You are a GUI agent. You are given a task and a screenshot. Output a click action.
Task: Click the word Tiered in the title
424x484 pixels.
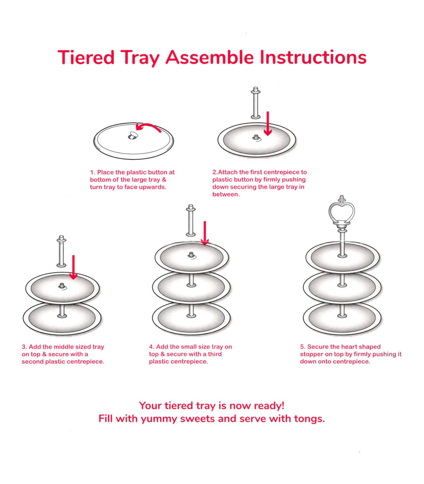click(86, 58)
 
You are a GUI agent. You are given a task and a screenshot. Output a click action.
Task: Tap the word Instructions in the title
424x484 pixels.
click(313, 58)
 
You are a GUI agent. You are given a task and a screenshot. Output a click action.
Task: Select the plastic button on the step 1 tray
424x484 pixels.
click(132, 136)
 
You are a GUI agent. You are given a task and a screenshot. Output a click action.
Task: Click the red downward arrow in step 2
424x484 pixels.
click(268, 124)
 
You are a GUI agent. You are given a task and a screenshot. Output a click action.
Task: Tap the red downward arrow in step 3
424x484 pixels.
click(73, 267)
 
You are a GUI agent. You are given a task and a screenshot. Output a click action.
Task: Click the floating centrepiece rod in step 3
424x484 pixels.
click(61, 251)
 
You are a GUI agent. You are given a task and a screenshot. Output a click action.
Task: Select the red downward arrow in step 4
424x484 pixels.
click(205, 233)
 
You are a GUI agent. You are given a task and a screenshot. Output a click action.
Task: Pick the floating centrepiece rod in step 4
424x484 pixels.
click(191, 220)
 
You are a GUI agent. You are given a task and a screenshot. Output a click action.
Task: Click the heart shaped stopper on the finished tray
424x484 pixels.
click(342, 213)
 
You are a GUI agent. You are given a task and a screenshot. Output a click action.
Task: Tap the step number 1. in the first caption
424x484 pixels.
click(93, 172)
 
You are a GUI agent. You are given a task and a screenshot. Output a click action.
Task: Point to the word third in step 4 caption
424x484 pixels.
click(215, 354)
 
